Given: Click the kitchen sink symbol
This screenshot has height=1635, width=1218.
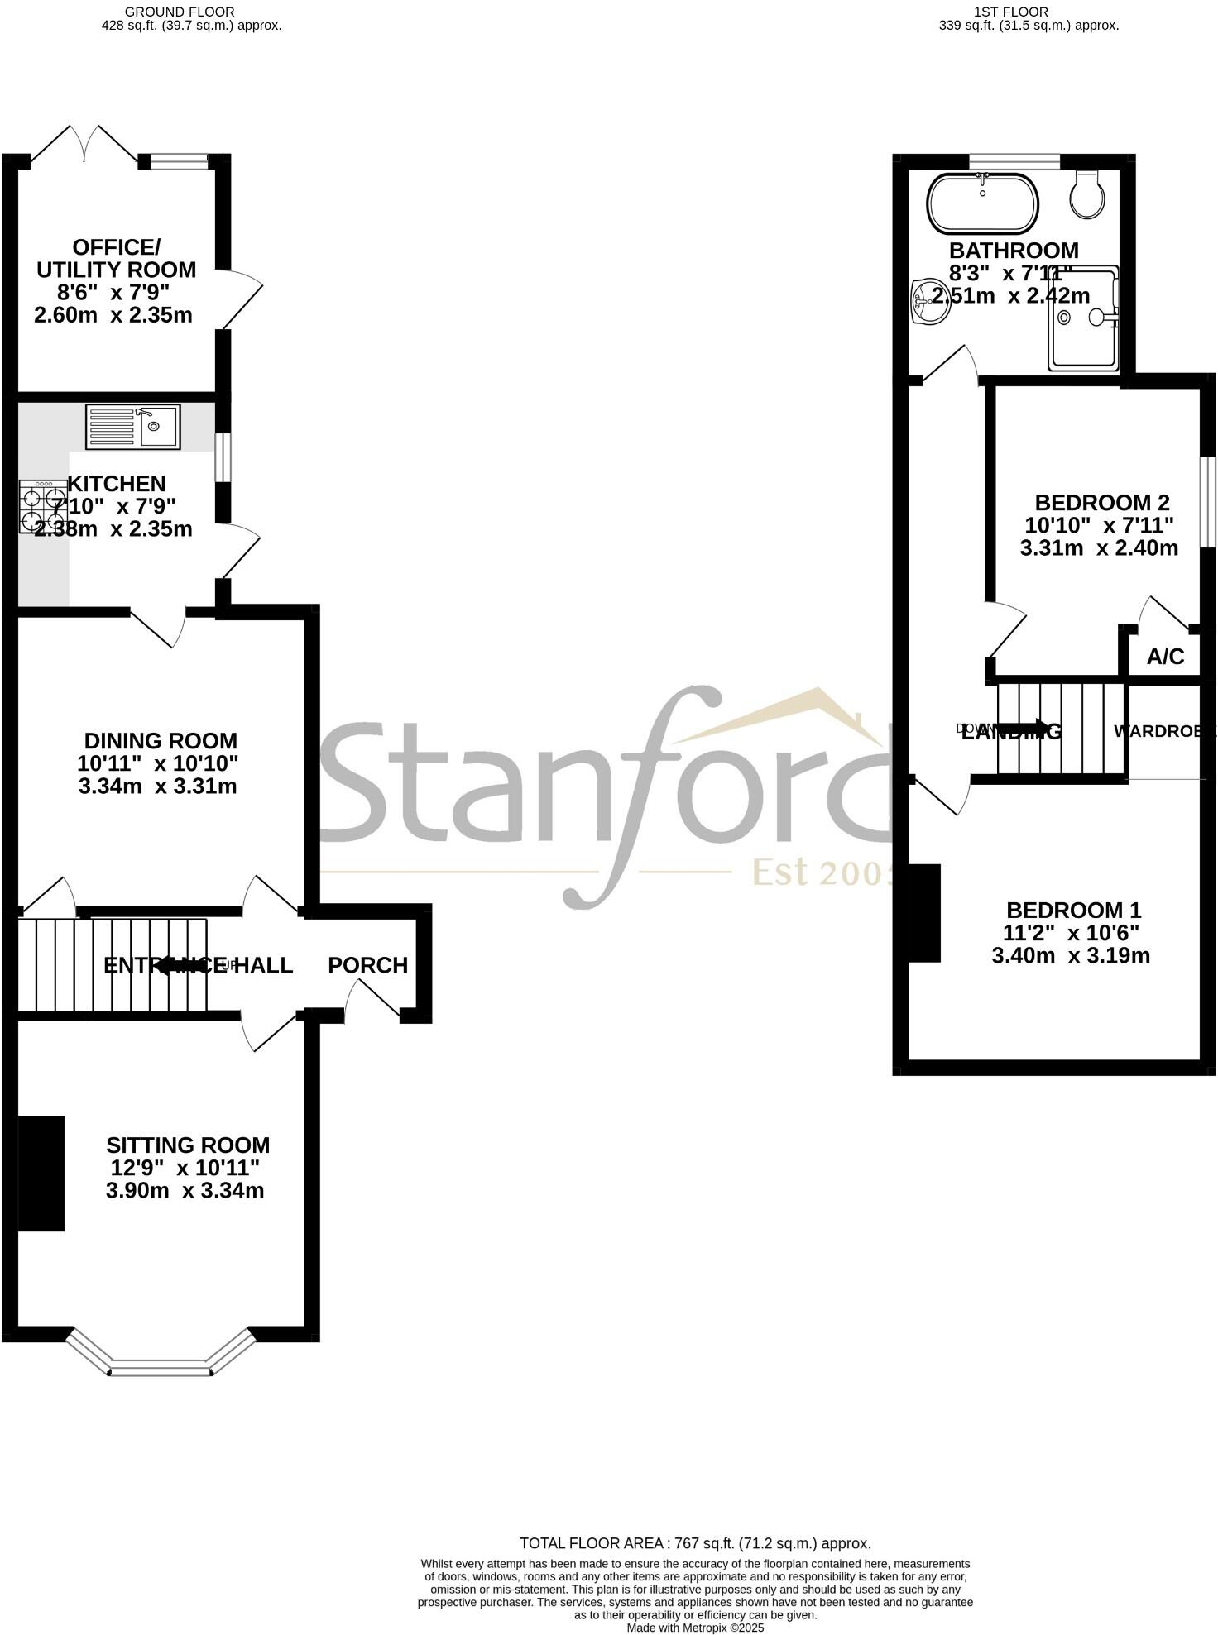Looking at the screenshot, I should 132,427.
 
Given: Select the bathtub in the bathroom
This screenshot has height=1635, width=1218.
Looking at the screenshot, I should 981,203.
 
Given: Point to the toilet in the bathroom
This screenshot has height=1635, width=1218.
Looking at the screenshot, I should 1086,195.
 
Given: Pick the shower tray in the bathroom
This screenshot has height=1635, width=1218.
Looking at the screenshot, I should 1083,318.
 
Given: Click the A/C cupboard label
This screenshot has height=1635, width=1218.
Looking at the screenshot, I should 1165,657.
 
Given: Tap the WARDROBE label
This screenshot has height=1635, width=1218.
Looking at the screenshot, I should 1163,731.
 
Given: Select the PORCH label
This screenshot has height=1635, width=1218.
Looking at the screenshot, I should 367,965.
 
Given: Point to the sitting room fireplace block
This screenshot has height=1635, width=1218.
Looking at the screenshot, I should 41,1173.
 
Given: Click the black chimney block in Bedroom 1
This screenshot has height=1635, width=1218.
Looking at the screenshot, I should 925,913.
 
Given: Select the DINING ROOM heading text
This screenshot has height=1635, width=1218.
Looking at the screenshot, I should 161,741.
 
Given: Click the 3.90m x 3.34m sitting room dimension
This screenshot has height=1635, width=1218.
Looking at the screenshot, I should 185,1191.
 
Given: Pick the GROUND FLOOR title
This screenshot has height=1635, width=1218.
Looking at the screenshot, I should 180,12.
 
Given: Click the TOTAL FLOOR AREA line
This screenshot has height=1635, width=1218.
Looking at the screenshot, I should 694,1543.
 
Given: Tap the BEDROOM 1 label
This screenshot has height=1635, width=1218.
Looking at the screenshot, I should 1073,911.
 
